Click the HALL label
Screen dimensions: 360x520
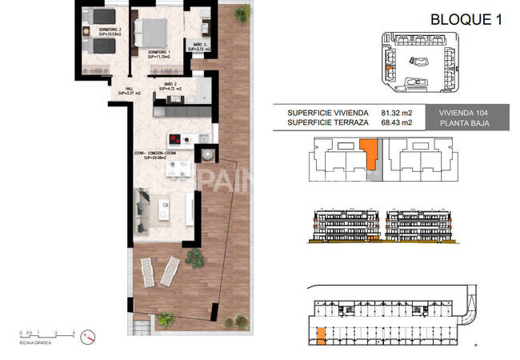point(129,91)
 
